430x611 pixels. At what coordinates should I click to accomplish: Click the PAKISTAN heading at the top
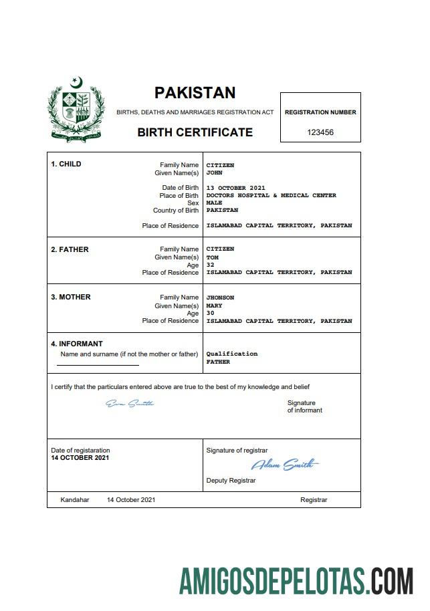click(195, 93)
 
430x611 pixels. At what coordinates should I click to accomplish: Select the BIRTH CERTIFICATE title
click(195, 132)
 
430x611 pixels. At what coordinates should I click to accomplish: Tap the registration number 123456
click(320, 132)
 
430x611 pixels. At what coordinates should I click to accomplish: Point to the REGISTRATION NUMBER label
click(320, 112)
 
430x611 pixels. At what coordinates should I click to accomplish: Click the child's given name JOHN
click(214, 173)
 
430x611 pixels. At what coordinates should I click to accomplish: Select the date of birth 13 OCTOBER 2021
click(235, 188)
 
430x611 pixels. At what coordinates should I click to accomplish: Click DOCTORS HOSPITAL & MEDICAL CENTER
click(271, 196)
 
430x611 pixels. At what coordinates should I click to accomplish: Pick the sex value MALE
click(214, 203)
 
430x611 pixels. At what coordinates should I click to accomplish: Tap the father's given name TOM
click(212, 257)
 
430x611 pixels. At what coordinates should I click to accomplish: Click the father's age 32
click(210, 265)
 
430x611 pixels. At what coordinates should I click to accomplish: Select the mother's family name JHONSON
click(220, 297)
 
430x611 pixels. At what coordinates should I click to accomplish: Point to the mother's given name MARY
click(214, 305)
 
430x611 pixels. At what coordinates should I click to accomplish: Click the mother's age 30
click(210, 313)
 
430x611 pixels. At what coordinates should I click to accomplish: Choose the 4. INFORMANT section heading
click(78, 344)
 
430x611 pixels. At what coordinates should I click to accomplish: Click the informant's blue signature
click(130, 403)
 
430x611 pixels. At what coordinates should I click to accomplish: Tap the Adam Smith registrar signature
click(284, 465)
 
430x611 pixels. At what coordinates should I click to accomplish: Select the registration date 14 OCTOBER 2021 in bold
click(80, 458)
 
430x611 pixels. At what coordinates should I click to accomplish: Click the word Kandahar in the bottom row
click(74, 500)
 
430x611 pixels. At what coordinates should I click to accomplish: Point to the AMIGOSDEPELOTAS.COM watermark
click(296, 581)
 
